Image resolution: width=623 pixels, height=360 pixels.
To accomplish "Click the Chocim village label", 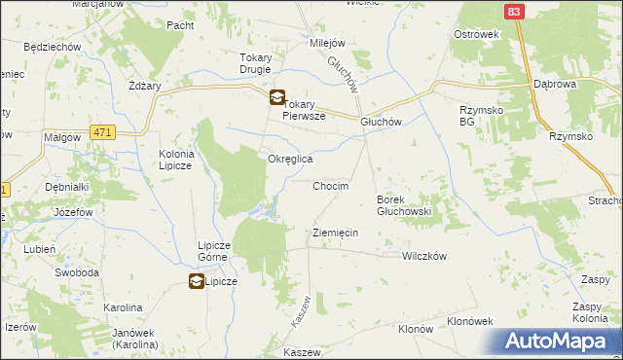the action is (x=330, y=185).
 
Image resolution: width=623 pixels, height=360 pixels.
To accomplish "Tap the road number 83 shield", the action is (x=515, y=11).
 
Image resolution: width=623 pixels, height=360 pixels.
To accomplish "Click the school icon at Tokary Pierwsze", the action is (x=276, y=97).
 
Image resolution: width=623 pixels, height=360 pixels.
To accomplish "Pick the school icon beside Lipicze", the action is (x=196, y=281).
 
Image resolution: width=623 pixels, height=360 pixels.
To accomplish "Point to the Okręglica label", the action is (x=290, y=159).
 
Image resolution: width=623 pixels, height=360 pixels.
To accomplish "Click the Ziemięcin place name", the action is (x=336, y=233).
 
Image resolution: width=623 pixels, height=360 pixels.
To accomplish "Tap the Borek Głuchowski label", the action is (x=403, y=205).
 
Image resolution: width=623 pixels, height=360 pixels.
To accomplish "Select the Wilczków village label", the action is (x=423, y=256).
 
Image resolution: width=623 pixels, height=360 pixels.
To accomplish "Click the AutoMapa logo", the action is (x=557, y=342).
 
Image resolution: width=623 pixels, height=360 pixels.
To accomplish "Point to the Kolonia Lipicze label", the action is (x=177, y=160).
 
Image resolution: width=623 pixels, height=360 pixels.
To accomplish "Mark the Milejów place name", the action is (x=328, y=44).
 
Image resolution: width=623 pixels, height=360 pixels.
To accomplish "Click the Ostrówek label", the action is (x=476, y=34).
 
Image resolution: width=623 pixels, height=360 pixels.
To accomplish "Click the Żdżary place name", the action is (x=144, y=86).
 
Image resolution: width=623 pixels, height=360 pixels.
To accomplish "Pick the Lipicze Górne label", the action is (x=213, y=251).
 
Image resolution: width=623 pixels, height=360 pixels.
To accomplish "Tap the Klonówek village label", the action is (x=470, y=321).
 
